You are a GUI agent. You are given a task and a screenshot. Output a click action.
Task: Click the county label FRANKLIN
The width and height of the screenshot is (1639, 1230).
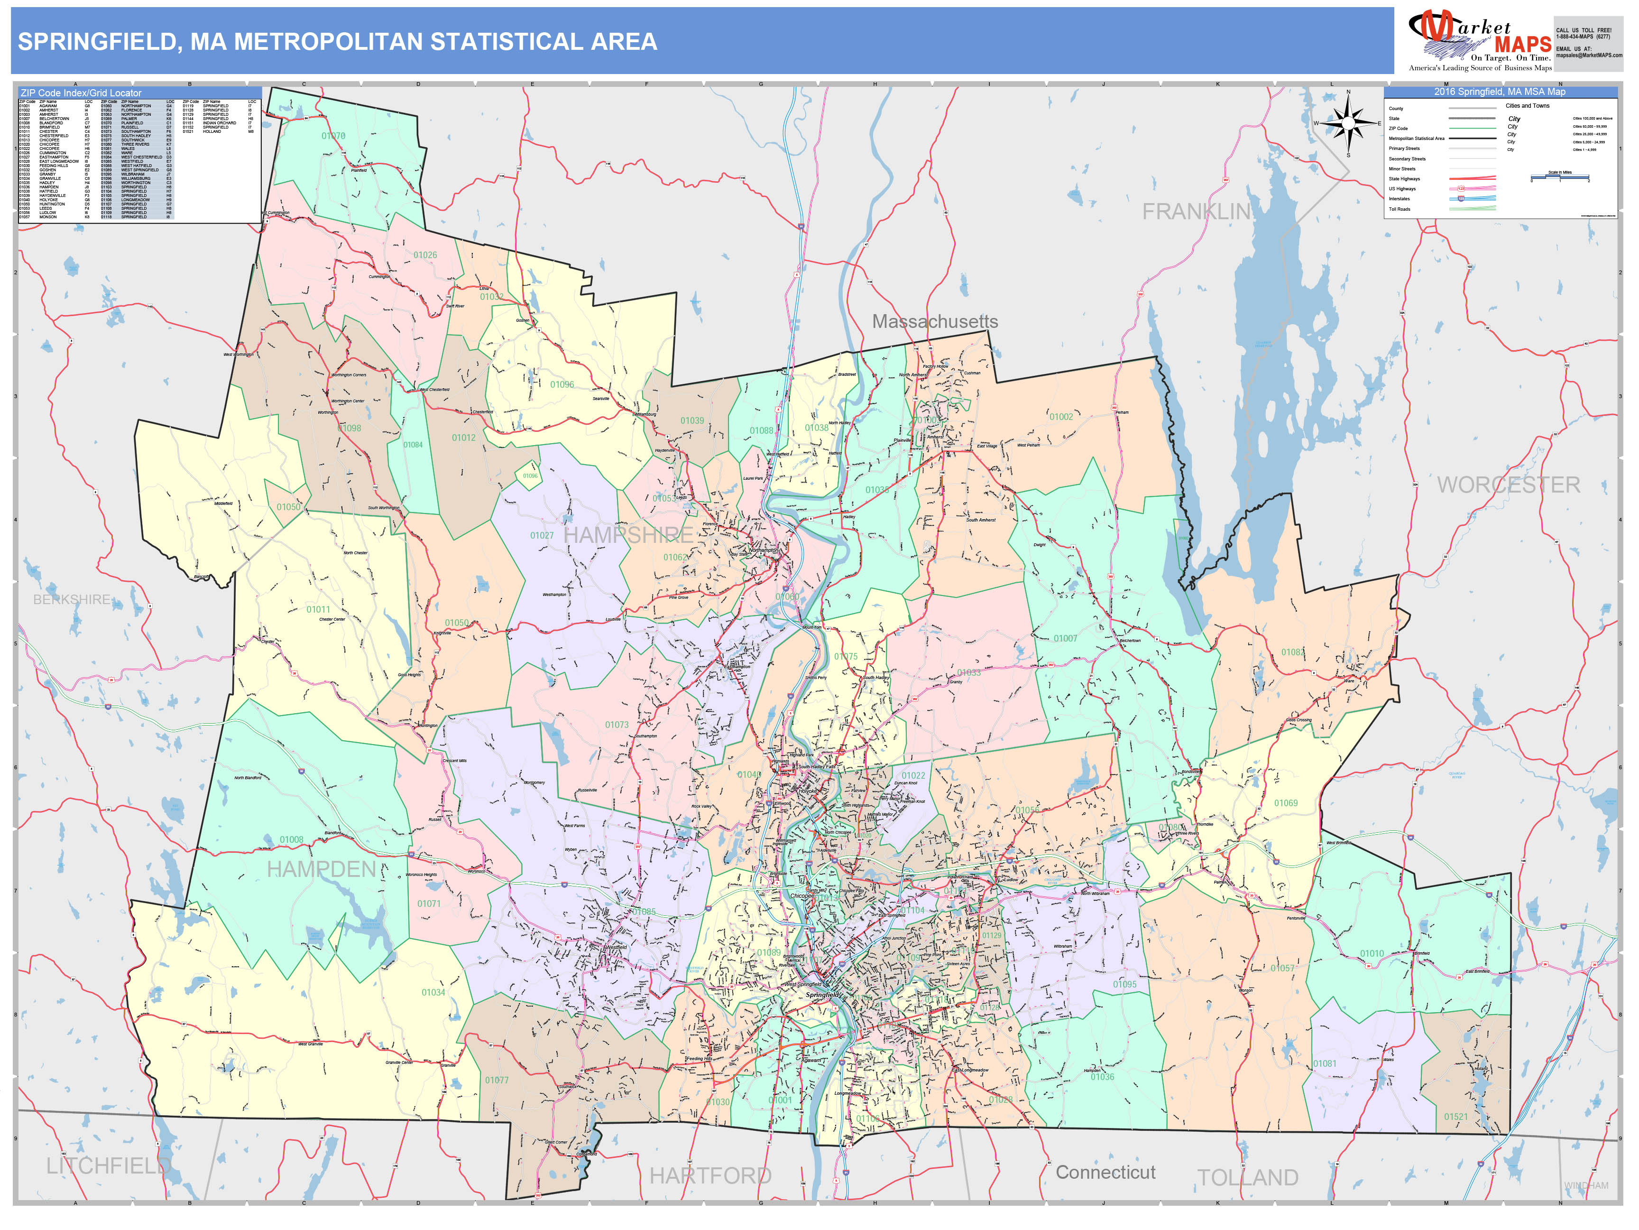(x=1196, y=212)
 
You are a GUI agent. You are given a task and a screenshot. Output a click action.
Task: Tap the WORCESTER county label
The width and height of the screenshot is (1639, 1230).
(x=1509, y=485)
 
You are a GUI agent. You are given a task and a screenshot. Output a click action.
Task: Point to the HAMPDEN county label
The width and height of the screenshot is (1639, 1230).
(x=321, y=869)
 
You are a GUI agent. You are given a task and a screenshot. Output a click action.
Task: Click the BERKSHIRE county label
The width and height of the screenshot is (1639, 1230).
(x=72, y=599)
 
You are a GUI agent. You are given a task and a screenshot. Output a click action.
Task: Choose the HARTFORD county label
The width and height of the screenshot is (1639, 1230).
(x=710, y=1175)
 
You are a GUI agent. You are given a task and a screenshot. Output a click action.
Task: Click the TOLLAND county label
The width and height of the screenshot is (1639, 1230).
(x=1248, y=1177)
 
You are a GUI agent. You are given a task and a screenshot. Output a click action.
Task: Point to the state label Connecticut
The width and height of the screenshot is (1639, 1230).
(x=1105, y=1172)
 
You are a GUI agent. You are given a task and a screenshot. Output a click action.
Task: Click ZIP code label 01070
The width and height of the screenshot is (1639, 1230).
(x=333, y=136)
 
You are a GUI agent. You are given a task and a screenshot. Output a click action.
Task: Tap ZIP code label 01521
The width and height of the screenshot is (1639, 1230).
(x=1455, y=1117)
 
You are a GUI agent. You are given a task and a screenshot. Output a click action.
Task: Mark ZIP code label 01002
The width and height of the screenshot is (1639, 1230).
(x=1060, y=417)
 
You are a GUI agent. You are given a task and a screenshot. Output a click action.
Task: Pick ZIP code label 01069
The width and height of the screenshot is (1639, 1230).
(x=1286, y=803)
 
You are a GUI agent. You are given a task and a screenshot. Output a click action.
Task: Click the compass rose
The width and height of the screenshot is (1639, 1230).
(x=1348, y=122)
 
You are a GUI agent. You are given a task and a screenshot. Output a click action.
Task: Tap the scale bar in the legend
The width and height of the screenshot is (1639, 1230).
(x=1560, y=177)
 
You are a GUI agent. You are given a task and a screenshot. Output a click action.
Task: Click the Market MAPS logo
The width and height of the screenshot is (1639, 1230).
(x=1480, y=41)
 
